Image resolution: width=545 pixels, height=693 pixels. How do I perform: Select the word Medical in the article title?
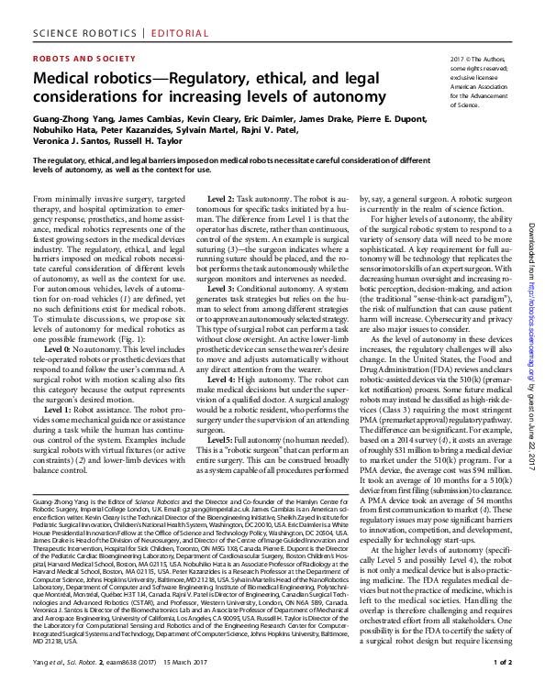tap(63, 81)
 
